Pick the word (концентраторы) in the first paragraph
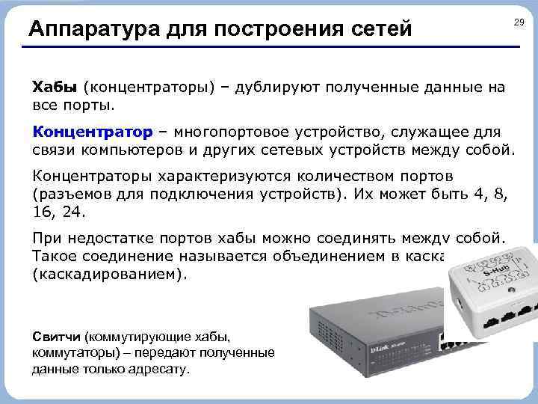[x=149, y=87]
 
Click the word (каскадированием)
[x=108, y=274]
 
